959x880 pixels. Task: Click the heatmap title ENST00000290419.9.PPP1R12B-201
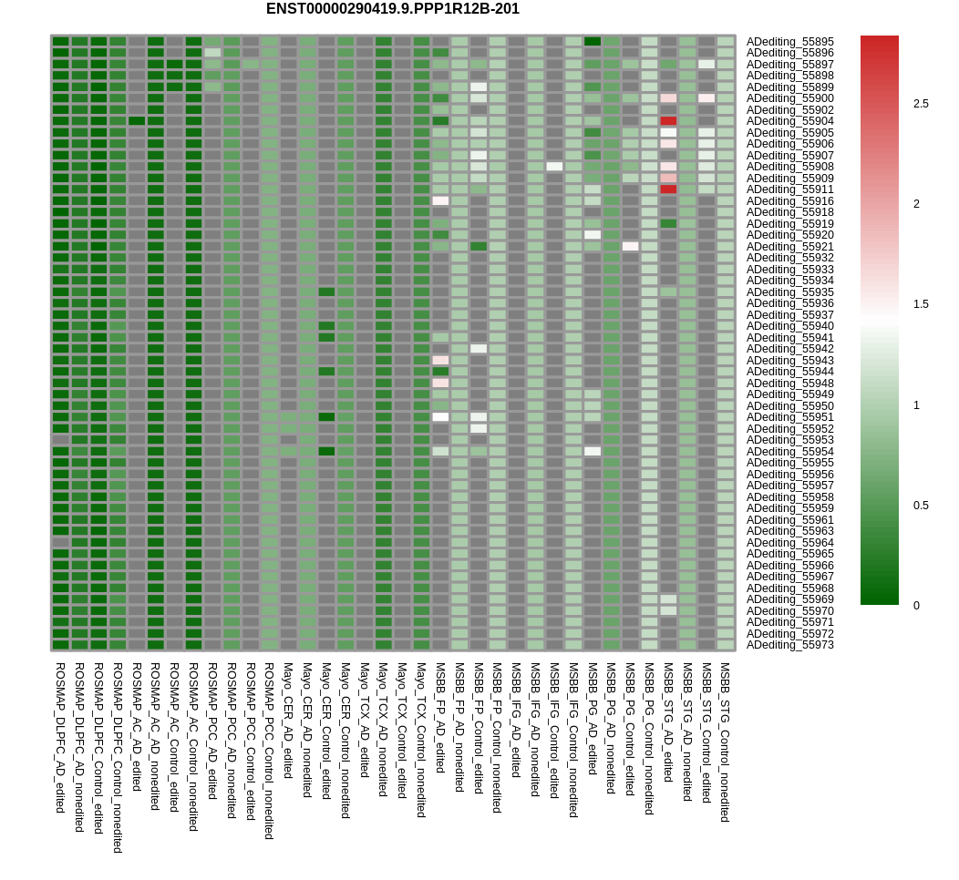[393, 9]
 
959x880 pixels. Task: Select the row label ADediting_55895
[789, 42]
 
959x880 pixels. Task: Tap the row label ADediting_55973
[789, 645]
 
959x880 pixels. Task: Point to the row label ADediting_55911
[789, 189]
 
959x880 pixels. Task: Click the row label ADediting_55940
[789, 326]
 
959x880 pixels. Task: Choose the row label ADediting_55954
[789, 452]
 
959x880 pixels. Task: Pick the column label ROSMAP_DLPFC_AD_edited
[60, 738]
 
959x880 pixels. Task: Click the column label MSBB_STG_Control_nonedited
[725, 742]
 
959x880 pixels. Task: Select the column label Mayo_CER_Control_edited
[326, 731]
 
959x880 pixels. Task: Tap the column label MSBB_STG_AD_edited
[668, 722]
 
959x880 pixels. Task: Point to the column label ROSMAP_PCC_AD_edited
[212, 731]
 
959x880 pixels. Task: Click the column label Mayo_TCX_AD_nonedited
[383, 729]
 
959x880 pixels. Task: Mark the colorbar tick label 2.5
[921, 104]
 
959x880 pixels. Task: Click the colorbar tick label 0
[916, 606]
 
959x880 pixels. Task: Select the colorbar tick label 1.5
[921, 304]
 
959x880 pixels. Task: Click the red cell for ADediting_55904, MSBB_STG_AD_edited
[668, 121]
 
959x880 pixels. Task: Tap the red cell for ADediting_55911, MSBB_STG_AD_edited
[668, 189]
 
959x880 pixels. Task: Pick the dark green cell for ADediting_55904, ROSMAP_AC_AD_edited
[137, 121]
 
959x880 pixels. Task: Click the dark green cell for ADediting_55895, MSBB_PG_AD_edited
[592, 42]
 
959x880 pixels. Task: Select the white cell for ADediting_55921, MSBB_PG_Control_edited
[630, 246]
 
